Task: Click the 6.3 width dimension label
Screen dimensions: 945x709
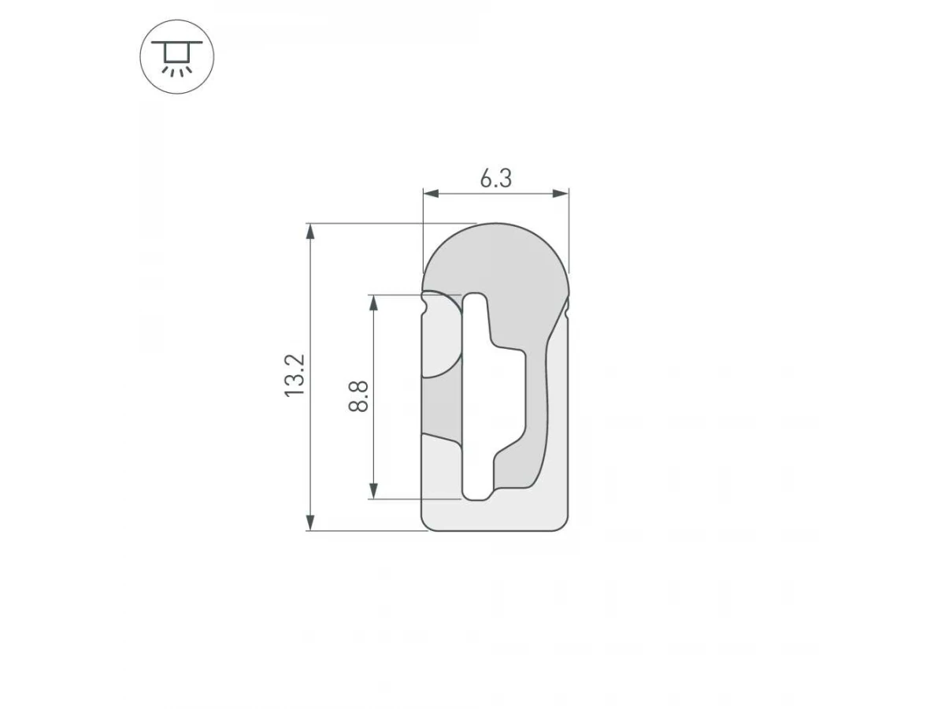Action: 495,179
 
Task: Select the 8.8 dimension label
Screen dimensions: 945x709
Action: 358,396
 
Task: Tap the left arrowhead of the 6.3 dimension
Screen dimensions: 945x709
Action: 431,194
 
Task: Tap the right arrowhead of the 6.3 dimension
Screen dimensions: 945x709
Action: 561,194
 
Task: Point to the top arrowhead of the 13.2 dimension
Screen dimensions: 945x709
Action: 310,231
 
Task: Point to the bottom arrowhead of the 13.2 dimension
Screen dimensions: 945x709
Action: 310,523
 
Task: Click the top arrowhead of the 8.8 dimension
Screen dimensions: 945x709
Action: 373,303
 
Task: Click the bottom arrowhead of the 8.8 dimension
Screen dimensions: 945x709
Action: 373,491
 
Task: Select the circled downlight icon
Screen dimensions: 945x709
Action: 177,57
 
